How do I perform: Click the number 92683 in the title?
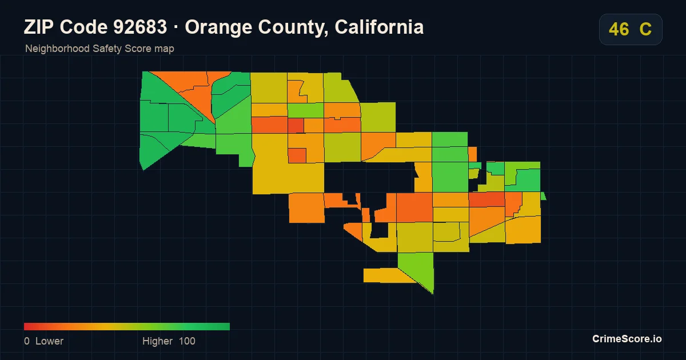[x=140, y=27]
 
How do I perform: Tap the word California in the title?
[x=379, y=27]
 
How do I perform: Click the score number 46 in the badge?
[x=619, y=29]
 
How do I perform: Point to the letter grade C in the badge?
[x=645, y=29]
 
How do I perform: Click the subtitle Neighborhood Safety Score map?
[x=99, y=49]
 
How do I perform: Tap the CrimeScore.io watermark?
[x=627, y=339]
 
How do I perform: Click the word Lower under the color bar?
[x=49, y=341]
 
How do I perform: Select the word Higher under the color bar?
[x=157, y=341]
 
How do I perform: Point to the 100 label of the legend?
[x=187, y=341]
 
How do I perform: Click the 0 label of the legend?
[x=27, y=341]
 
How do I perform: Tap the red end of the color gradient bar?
[x=26, y=327]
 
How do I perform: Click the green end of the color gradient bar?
[x=228, y=327]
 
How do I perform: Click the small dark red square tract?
[x=296, y=126]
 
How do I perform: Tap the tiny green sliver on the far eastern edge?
[x=544, y=196]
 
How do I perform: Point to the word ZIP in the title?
[x=39, y=27]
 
